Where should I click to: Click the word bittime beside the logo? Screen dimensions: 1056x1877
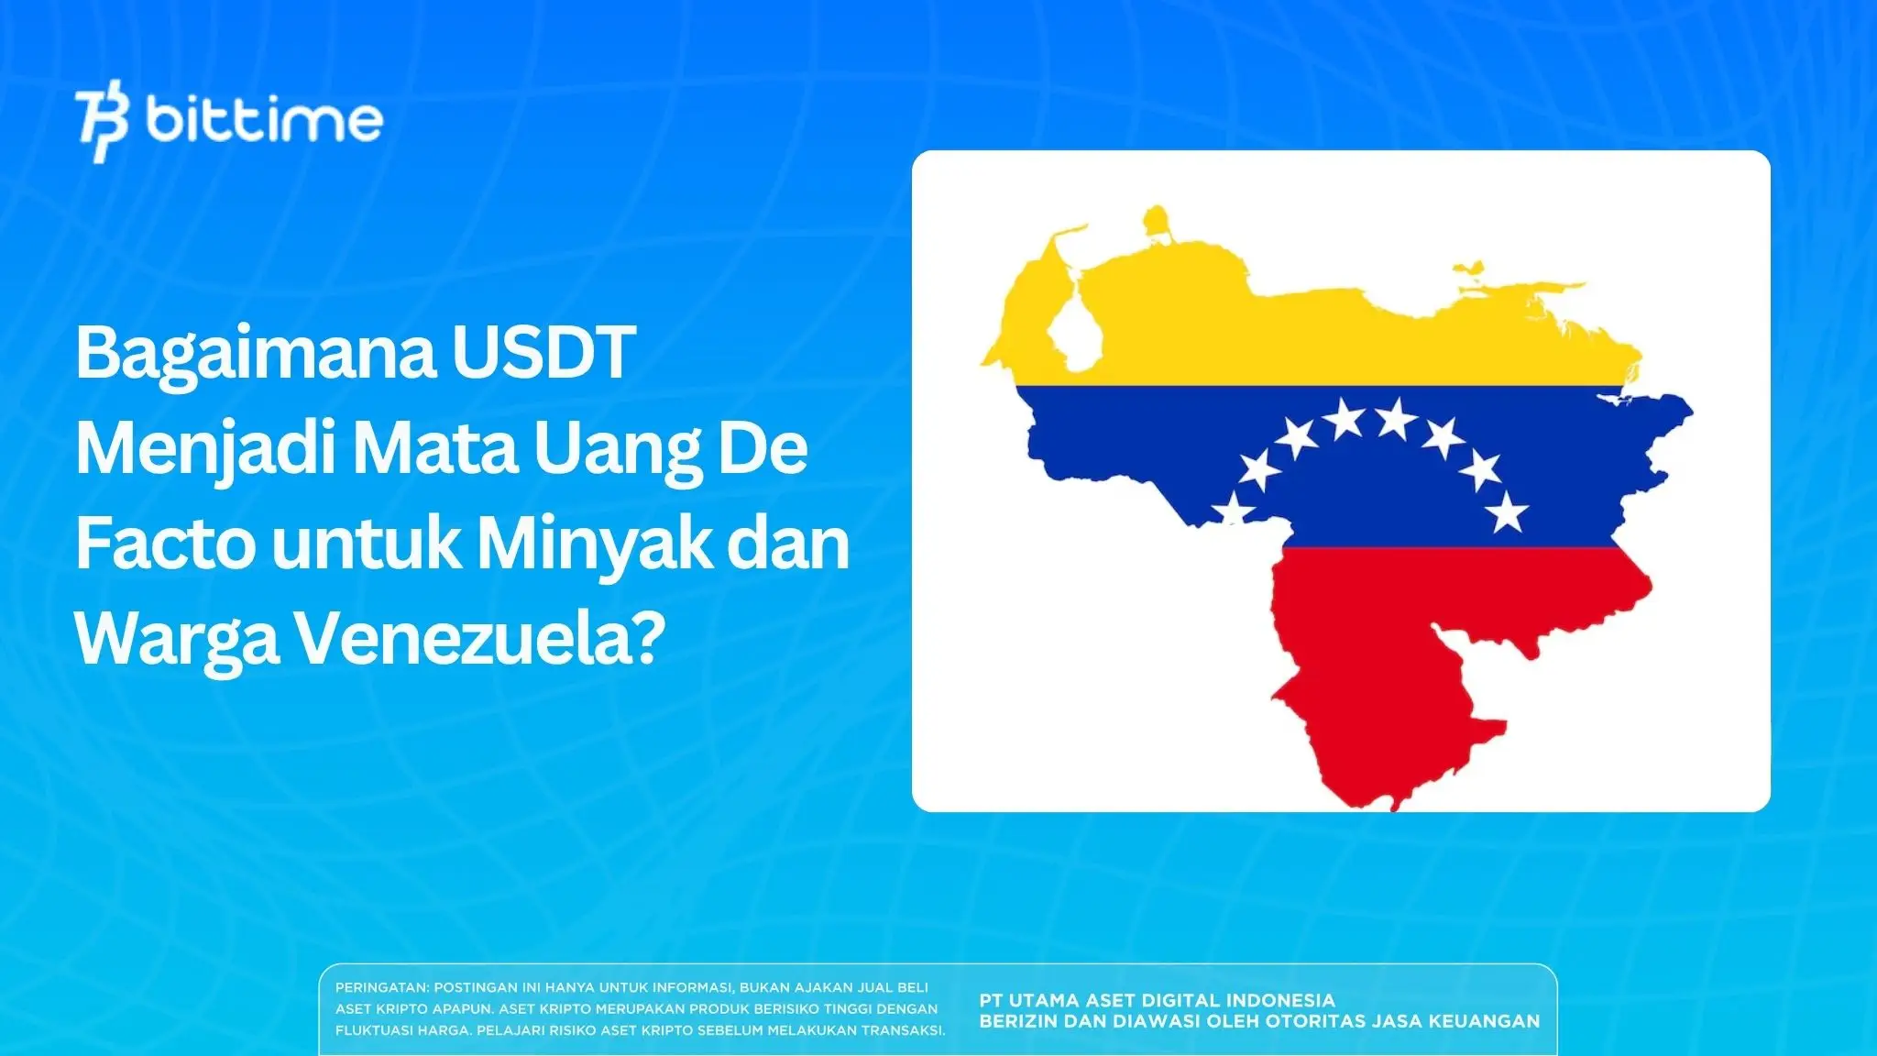[x=263, y=121]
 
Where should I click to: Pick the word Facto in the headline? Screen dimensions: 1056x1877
[x=165, y=544]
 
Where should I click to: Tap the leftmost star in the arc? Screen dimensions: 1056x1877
[x=1233, y=510]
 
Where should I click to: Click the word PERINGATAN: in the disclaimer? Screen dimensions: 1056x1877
[x=381, y=987]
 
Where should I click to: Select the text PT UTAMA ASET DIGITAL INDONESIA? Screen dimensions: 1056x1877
[x=1157, y=1000]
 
